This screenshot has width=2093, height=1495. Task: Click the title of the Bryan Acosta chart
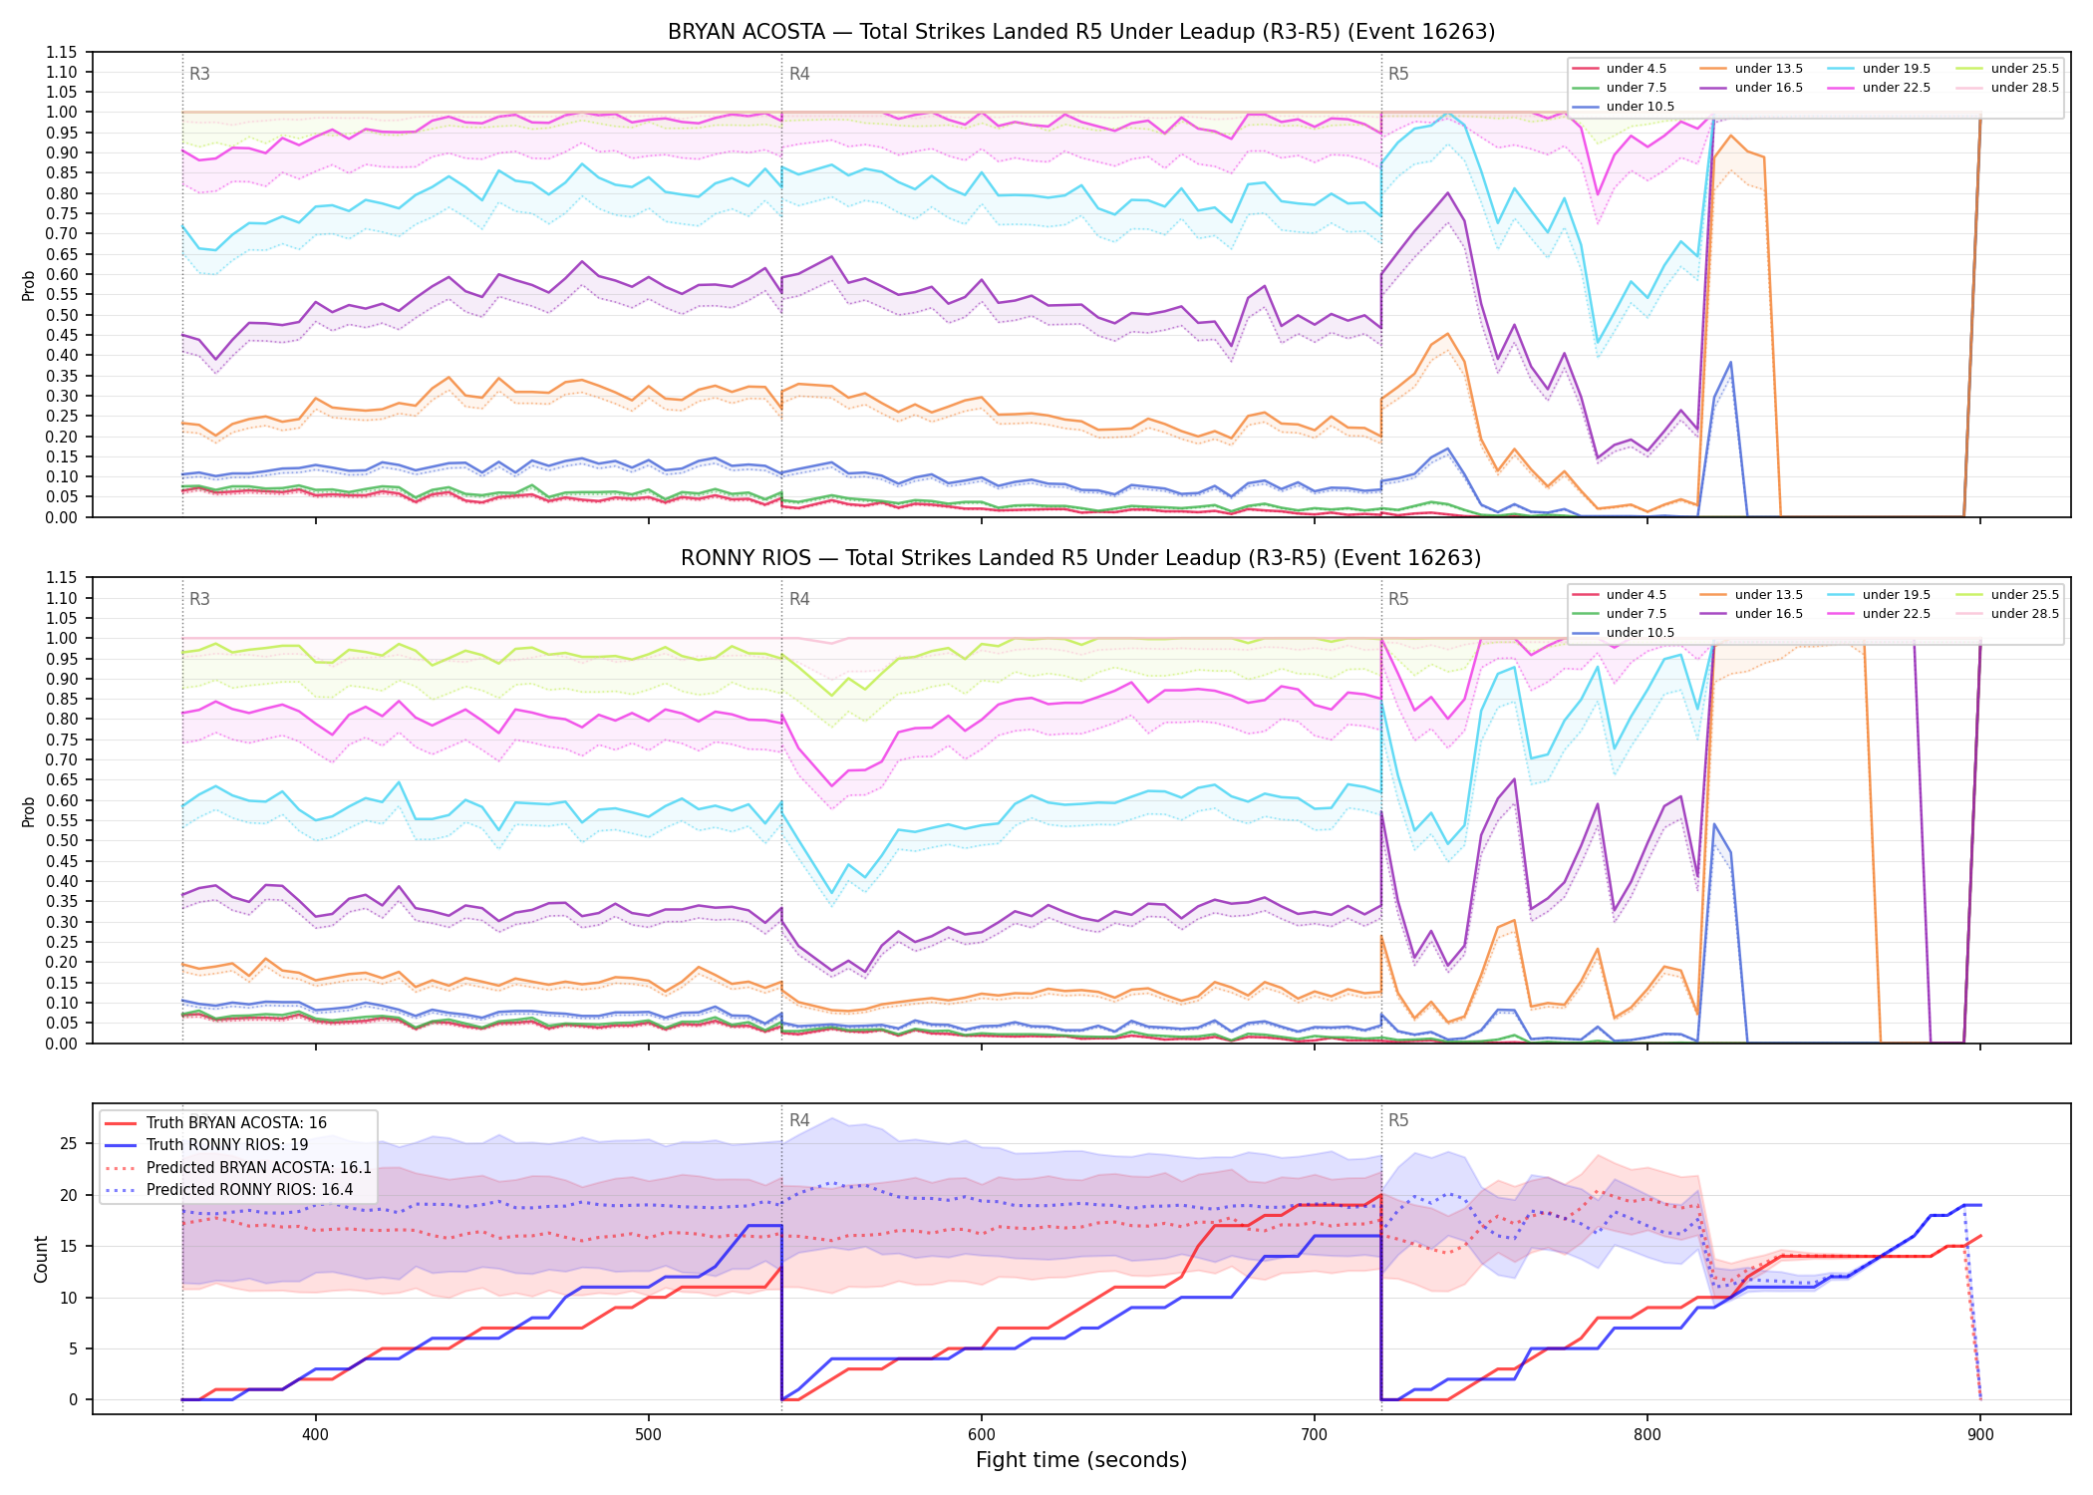pos(1081,32)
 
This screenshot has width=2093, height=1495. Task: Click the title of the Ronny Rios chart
pos(1081,558)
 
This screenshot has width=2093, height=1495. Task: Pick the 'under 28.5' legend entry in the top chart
pos(2007,88)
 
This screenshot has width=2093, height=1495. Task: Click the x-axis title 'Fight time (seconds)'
pos(1081,1460)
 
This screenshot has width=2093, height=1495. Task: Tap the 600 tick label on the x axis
pos(982,1435)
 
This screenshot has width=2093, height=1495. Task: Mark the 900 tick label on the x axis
pos(1980,1435)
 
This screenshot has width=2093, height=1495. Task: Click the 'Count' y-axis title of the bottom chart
pos(41,1259)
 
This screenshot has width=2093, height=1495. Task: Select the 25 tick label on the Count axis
pos(69,1143)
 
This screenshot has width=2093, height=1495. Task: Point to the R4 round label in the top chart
pos(799,74)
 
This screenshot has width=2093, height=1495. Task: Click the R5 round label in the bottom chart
pos(1398,1120)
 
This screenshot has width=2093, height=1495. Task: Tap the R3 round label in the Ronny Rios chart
pos(199,599)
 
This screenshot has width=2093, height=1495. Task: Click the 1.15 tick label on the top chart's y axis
pos(62,53)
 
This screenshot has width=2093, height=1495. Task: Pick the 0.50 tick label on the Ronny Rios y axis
pos(62,840)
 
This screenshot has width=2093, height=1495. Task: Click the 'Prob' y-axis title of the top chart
pos(29,285)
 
